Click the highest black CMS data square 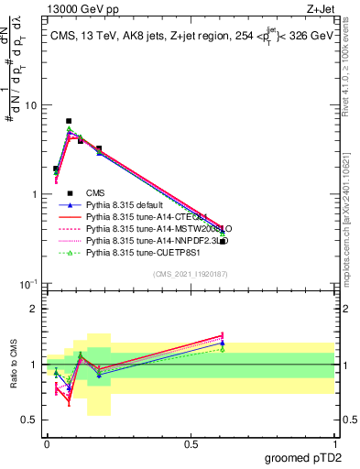pos(69,121)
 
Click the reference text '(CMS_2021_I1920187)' pos(191,274)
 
